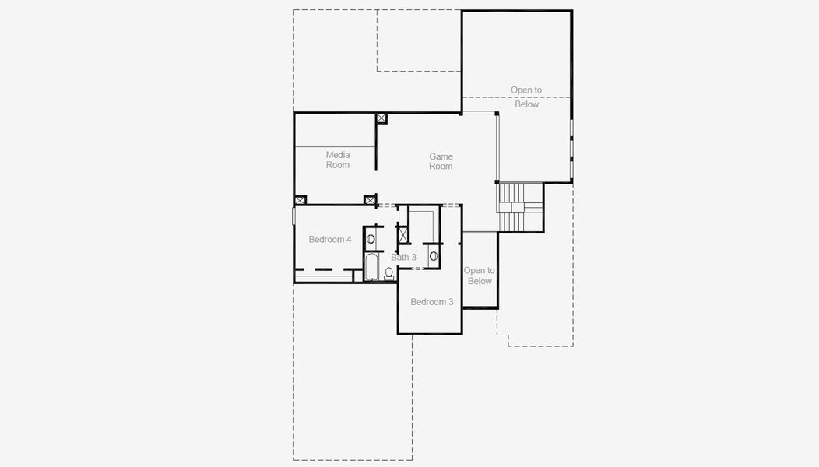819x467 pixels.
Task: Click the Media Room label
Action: pyautogui.click(x=337, y=160)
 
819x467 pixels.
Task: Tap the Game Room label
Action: pyautogui.click(x=441, y=161)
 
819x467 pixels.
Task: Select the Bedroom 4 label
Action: pyautogui.click(x=329, y=239)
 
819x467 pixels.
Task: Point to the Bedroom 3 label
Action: pyautogui.click(x=431, y=302)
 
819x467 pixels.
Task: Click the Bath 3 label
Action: pyautogui.click(x=403, y=257)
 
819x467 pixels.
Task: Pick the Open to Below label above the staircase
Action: pyautogui.click(x=525, y=97)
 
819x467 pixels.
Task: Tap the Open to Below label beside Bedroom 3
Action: pyautogui.click(x=480, y=276)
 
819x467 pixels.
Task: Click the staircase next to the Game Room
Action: pyautogui.click(x=519, y=207)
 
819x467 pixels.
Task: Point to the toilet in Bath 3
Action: pyautogui.click(x=389, y=273)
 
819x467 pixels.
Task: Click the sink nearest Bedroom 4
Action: pyautogui.click(x=371, y=239)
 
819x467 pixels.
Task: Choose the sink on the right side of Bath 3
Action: pyautogui.click(x=433, y=255)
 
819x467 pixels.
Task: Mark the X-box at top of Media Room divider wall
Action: pyautogui.click(x=381, y=118)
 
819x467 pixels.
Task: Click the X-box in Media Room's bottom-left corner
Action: pyautogui.click(x=300, y=200)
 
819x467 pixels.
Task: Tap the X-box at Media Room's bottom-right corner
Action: pyautogui.click(x=370, y=200)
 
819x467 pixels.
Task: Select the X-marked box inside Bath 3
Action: pyautogui.click(x=402, y=235)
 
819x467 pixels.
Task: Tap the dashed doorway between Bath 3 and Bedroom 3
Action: pyautogui.click(x=418, y=269)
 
